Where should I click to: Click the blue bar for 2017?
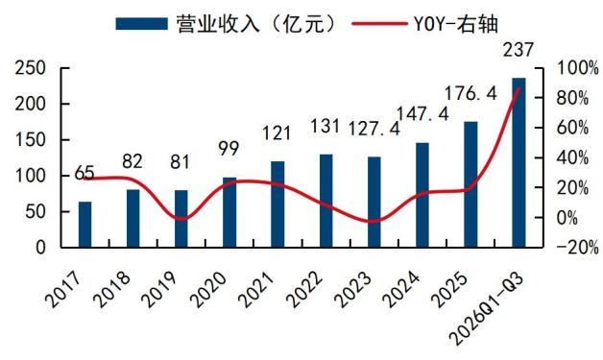pos(85,225)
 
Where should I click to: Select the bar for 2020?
pos(229,212)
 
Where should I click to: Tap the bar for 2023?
pos(374,202)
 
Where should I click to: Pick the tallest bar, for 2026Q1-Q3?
pos(519,162)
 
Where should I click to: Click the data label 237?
pos(519,50)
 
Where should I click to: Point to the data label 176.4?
pos(470,93)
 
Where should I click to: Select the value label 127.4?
pos(374,129)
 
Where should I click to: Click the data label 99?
pos(229,149)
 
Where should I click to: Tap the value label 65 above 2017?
pos(84,173)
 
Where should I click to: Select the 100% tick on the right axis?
pos(578,68)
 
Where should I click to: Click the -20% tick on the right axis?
pos(578,248)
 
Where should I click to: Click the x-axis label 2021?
pos(256,290)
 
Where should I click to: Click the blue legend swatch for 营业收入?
pos(142,24)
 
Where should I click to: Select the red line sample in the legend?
pos(379,24)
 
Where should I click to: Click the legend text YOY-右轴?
pos(456,24)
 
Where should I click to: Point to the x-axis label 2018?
pos(112,290)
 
